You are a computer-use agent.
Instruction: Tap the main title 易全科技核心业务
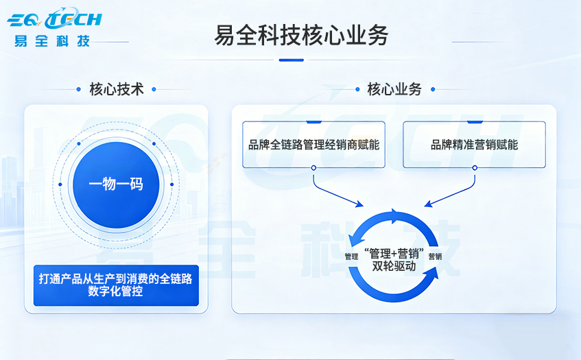[x=300, y=35]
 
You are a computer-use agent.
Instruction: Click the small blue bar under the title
[x=291, y=60]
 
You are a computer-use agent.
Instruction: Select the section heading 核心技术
[x=117, y=89]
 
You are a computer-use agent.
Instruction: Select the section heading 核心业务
[x=394, y=89]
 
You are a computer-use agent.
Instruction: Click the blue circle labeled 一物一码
[x=116, y=184]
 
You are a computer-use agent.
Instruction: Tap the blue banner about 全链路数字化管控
[x=116, y=285]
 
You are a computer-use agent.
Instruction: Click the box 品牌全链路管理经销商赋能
[x=313, y=145]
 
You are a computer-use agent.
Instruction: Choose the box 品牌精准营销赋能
[x=474, y=145]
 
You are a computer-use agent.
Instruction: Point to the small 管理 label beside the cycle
[x=352, y=256]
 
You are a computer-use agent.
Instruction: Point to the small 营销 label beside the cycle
[x=435, y=256]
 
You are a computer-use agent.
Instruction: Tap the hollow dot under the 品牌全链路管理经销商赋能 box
[x=313, y=168]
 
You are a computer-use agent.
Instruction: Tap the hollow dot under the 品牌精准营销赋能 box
[x=474, y=168]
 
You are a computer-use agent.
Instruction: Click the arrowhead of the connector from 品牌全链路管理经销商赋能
[x=361, y=204]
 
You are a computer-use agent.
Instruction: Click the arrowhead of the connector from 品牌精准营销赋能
[x=427, y=204]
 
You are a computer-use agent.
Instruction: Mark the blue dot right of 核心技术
[x=154, y=89]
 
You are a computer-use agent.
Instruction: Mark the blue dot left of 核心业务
[x=357, y=89]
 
